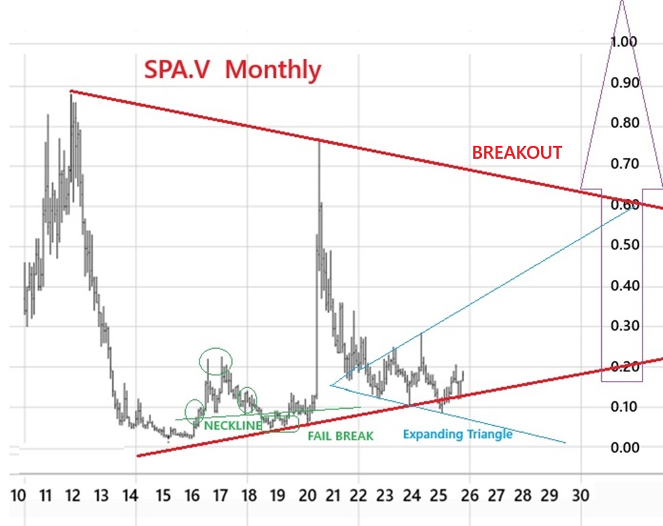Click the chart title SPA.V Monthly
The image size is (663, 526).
click(x=231, y=69)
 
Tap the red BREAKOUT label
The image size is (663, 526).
click(x=517, y=153)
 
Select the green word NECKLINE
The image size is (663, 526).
click(x=233, y=426)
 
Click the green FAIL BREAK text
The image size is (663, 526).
click(x=341, y=436)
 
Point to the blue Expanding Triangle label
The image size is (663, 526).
click(x=457, y=434)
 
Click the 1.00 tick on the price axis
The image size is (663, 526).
click(x=624, y=42)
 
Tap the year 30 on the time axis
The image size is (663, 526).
click(x=580, y=495)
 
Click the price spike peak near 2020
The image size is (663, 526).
click(x=319, y=141)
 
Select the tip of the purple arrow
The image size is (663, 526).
click(x=621, y=3)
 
